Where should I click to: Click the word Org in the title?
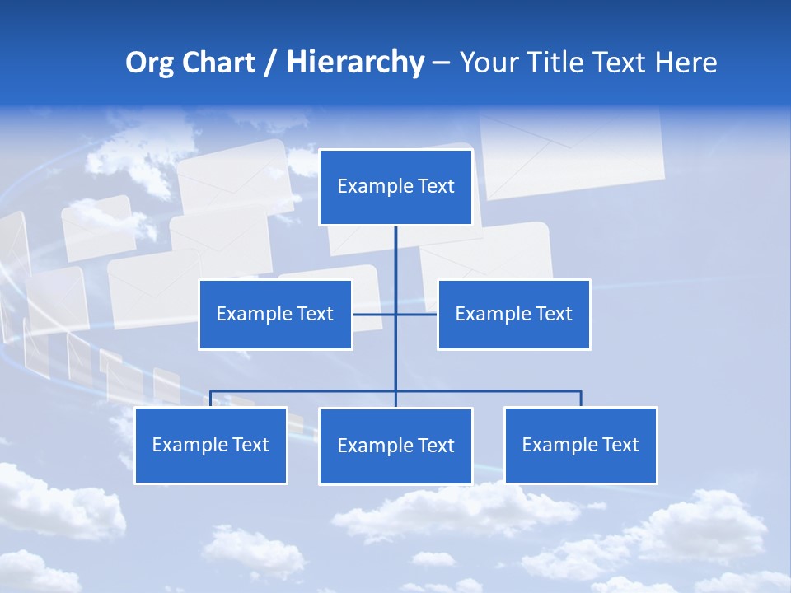pyautogui.click(x=150, y=63)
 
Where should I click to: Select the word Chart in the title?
pyautogui.click(x=217, y=63)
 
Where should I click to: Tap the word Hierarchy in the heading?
pyautogui.click(x=354, y=63)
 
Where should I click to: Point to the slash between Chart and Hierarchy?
pyautogui.click(x=270, y=63)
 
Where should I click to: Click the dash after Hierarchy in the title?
pyautogui.click(x=440, y=63)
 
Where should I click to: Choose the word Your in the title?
pyautogui.click(x=488, y=63)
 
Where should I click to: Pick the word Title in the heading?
pyautogui.click(x=553, y=63)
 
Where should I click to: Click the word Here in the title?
pyautogui.click(x=686, y=63)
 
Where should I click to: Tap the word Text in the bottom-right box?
pyautogui.click(x=620, y=445)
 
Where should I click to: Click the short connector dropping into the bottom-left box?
pyautogui.click(x=211, y=399)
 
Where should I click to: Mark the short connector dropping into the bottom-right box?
pyautogui.click(x=581, y=399)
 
